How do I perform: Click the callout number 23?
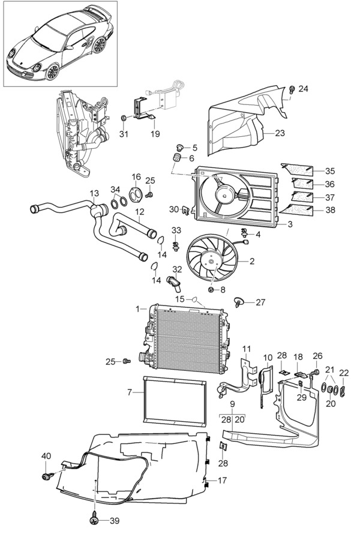click(x=280, y=133)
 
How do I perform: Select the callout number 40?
click(x=46, y=456)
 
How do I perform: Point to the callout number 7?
click(x=130, y=392)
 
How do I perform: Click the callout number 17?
click(x=222, y=480)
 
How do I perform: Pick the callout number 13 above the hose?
click(x=94, y=194)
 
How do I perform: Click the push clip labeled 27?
click(x=239, y=301)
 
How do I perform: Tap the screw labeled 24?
click(x=292, y=89)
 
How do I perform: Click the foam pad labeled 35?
click(x=297, y=169)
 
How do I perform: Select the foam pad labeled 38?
click(x=297, y=210)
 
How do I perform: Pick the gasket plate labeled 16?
click(x=136, y=193)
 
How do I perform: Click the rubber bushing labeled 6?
click(x=177, y=160)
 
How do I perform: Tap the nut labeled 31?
click(x=123, y=118)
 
